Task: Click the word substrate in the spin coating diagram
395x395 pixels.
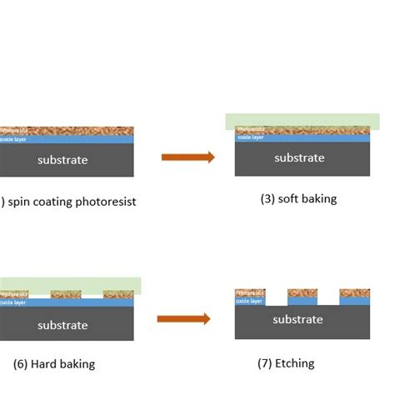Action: (62, 160)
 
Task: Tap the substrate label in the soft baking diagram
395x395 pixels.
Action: (299, 157)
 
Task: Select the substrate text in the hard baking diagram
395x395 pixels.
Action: (62, 325)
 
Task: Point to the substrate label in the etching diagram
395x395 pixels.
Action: (297, 320)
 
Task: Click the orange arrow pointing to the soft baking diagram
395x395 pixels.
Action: (187, 156)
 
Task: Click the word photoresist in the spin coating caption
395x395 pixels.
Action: (104, 202)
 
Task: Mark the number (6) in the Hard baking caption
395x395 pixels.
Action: (22, 364)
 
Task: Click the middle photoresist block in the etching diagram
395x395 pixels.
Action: (302, 293)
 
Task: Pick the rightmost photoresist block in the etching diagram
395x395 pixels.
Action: (355, 293)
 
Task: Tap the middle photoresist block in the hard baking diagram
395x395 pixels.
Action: (66, 294)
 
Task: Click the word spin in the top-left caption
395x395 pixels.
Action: (22, 202)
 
